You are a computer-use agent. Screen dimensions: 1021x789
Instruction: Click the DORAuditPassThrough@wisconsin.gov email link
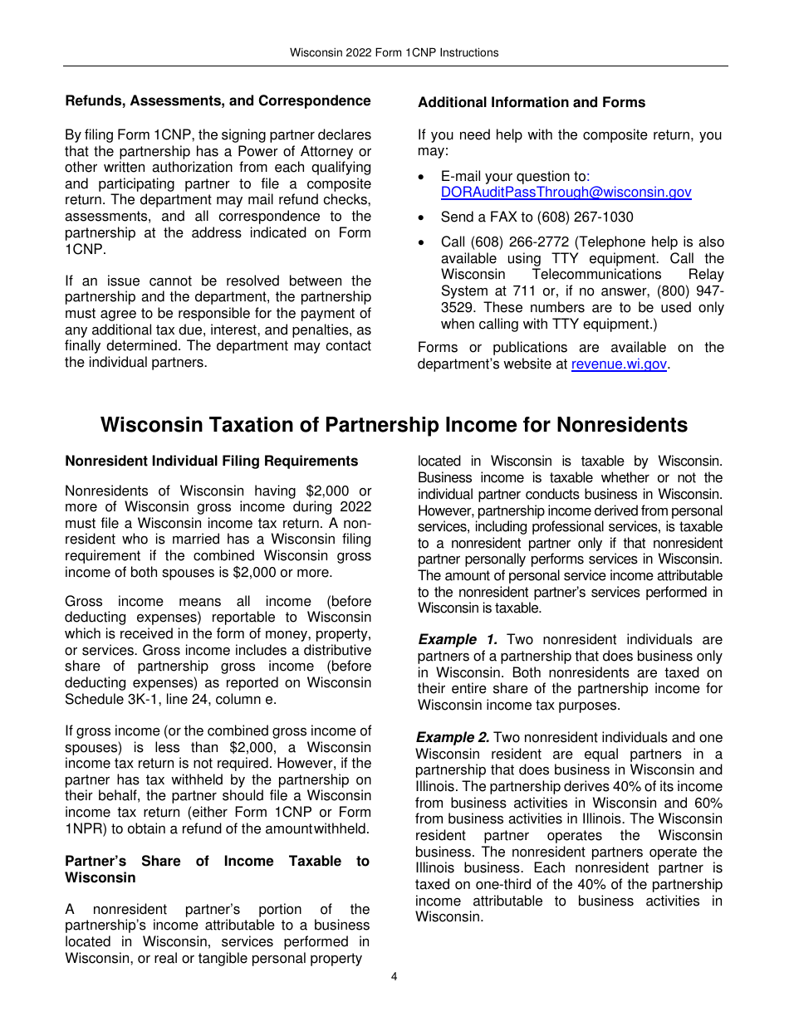(x=566, y=193)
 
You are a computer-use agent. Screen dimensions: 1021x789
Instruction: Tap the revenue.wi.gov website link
(x=619, y=364)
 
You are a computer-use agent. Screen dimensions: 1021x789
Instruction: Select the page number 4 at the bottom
(x=394, y=976)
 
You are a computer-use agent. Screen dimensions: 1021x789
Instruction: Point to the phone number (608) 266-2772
(x=520, y=242)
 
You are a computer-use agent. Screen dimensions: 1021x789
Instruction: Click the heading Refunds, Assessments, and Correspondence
(x=218, y=101)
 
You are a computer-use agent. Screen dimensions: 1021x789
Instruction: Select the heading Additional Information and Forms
(x=532, y=103)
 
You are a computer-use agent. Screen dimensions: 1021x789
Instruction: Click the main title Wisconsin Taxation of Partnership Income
(x=394, y=425)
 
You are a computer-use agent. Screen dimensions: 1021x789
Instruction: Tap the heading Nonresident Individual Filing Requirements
(x=212, y=462)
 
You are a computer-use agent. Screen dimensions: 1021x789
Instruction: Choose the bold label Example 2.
(x=453, y=738)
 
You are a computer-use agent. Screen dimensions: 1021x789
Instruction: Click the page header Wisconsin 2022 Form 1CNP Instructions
(x=394, y=52)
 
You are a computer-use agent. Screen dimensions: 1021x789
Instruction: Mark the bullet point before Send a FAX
(x=424, y=217)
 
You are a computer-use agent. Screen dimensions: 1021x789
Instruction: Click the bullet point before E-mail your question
(x=424, y=177)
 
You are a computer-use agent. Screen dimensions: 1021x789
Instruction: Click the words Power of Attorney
(x=296, y=151)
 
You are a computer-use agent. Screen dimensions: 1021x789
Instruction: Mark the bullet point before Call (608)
(x=424, y=242)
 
